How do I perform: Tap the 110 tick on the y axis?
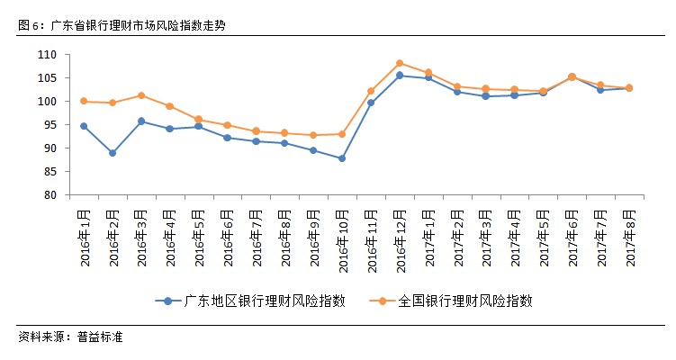click(x=48, y=55)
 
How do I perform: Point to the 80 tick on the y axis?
click(x=50, y=195)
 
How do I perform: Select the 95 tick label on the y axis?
click(x=50, y=125)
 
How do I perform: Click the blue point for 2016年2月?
click(x=113, y=153)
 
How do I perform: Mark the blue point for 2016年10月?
click(x=342, y=158)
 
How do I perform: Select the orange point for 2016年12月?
click(x=399, y=63)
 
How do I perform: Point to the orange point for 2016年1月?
click(x=84, y=101)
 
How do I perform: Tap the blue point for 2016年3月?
click(x=141, y=121)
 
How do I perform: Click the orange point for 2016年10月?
click(x=342, y=134)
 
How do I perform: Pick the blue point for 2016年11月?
click(x=371, y=103)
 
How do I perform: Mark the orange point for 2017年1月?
click(x=428, y=73)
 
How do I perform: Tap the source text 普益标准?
click(x=101, y=337)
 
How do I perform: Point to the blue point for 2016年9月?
click(x=313, y=150)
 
